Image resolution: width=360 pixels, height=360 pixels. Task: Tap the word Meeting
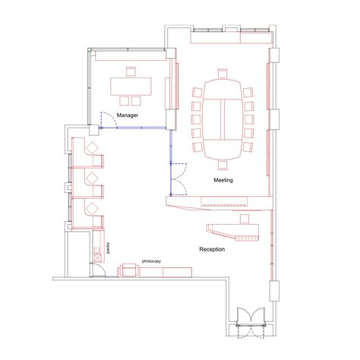point(223,180)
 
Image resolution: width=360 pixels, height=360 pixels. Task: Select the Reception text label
point(211,249)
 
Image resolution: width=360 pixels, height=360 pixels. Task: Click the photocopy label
point(151,261)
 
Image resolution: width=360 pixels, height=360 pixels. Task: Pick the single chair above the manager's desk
point(130,71)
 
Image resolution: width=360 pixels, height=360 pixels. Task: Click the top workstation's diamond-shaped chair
point(93,149)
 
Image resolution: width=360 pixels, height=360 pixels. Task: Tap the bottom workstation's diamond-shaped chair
point(93,207)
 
